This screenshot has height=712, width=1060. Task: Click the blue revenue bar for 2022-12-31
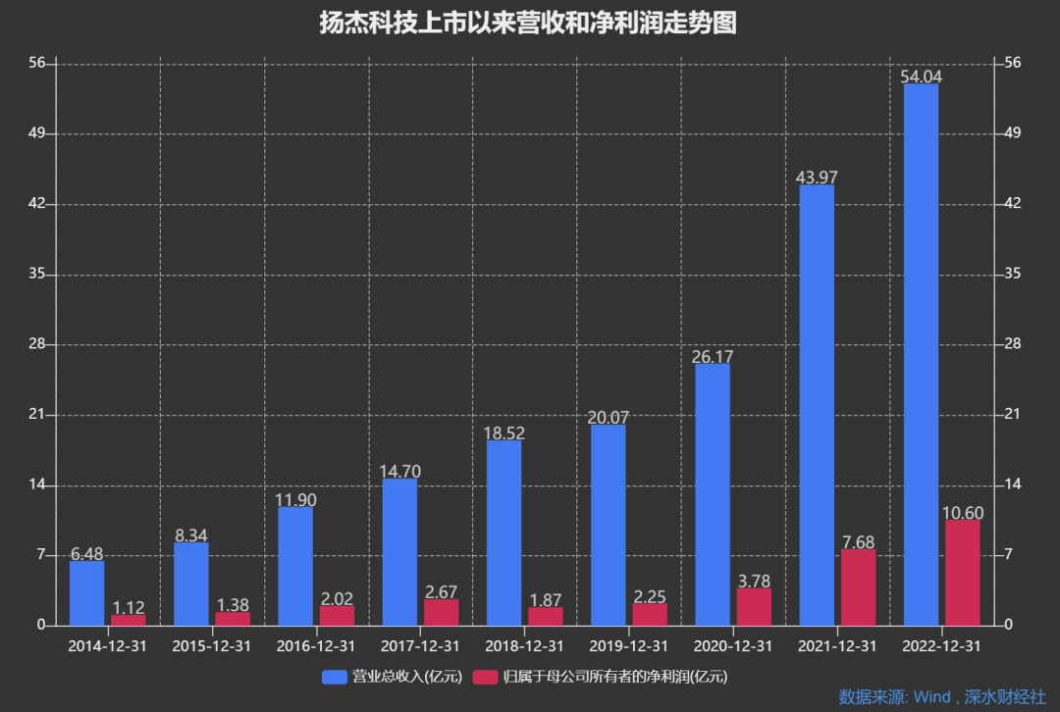tap(920, 354)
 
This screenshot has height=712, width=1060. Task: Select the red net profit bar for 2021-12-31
tap(858, 587)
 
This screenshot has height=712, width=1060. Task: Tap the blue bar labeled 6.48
tap(86, 593)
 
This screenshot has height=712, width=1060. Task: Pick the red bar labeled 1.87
tap(546, 616)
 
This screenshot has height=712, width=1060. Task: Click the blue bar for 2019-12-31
tap(608, 525)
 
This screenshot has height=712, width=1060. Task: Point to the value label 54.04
tap(920, 76)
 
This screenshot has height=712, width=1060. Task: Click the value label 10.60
tap(962, 513)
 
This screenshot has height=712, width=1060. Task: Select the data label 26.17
tap(712, 357)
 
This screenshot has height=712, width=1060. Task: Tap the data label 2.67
tap(441, 592)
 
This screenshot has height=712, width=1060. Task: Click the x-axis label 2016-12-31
tap(316, 646)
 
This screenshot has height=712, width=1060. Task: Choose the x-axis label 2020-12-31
tap(733, 646)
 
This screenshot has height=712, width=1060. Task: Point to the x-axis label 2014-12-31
tap(107, 646)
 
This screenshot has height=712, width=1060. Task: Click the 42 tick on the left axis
tap(37, 203)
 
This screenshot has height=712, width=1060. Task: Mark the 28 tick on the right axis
tap(1013, 344)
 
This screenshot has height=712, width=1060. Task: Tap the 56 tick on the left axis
tap(37, 63)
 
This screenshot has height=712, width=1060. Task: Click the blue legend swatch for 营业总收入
tap(335, 677)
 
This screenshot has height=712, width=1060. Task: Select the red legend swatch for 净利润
tap(485, 677)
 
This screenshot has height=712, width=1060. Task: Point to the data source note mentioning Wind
tap(941, 697)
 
